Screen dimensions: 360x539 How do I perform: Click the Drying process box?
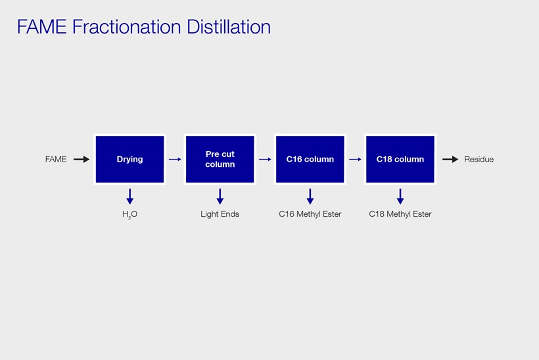(129, 159)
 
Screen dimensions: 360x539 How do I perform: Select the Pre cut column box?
(220, 159)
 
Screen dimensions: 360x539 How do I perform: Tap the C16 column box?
(310, 159)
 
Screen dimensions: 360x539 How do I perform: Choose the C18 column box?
(400, 159)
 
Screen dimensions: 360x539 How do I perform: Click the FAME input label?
(56, 160)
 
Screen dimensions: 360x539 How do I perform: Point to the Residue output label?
(479, 160)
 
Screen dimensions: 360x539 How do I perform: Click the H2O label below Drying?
(129, 214)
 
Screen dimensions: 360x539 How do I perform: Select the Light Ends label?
(220, 214)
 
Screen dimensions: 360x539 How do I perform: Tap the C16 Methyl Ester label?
(310, 214)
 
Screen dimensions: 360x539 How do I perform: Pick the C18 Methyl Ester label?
(400, 214)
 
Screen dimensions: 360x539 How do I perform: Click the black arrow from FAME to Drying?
(82, 159)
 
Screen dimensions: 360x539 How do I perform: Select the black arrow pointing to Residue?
(450, 159)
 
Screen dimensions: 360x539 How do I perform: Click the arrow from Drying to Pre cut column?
(175, 159)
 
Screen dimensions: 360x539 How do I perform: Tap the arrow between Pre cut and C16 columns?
(265, 159)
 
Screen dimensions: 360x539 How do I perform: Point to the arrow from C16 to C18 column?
(355, 159)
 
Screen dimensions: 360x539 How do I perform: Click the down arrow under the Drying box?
(129, 196)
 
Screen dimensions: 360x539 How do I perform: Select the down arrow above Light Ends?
(220, 196)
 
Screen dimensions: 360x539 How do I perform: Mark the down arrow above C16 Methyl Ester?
(310, 196)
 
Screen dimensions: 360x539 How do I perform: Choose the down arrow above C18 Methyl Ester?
(400, 196)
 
